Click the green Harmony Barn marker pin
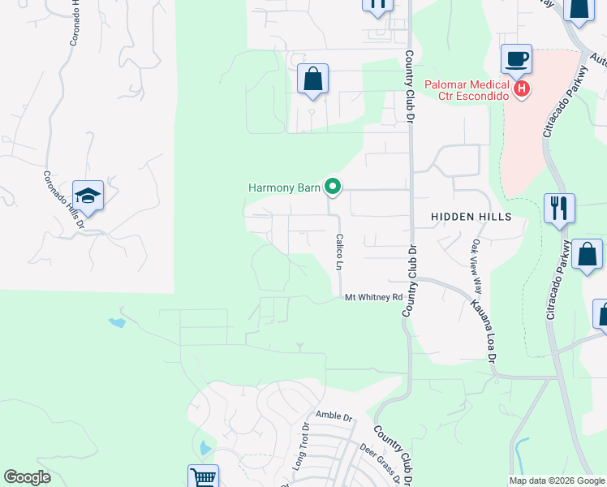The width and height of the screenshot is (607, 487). coord(333,187)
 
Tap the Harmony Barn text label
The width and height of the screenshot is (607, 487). coord(286,188)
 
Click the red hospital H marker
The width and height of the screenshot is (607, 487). coord(522,88)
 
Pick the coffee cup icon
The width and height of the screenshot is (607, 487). coord(516,59)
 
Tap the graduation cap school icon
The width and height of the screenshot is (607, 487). coord(88,196)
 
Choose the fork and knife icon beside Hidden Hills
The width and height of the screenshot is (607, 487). coord(558,208)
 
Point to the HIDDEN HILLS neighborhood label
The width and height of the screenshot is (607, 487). coord(471,217)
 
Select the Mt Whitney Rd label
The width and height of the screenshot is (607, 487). coord(374,298)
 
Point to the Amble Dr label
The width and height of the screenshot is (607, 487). coord(334,417)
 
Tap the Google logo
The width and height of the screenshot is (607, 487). coord(27,477)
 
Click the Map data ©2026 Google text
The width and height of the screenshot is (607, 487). coord(557,481)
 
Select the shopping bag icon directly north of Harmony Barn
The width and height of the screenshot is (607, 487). coord(312,79)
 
